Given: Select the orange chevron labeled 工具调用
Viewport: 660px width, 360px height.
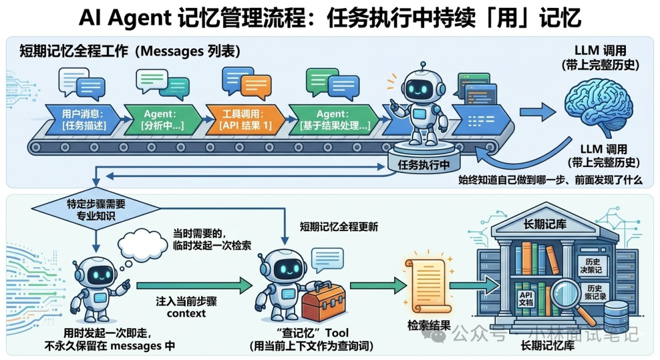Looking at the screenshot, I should coord(244,120).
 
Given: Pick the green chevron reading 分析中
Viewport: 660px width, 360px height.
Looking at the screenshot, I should coord(163,120).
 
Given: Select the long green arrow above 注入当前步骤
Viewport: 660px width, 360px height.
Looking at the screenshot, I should coord(194,285).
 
